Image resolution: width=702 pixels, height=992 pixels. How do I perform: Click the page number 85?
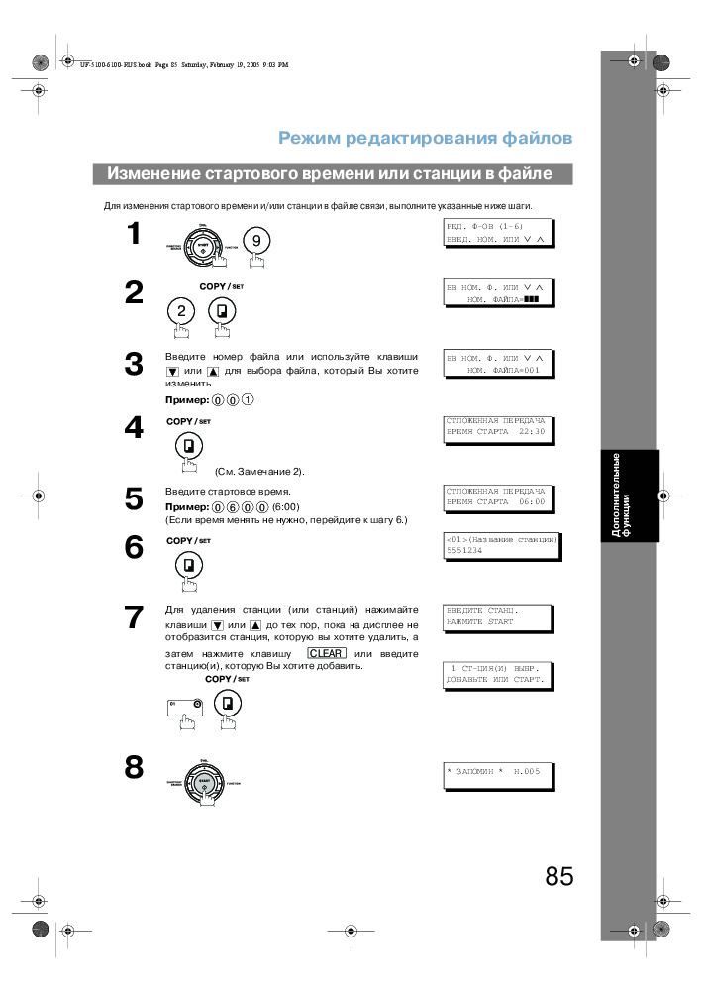[558, 877]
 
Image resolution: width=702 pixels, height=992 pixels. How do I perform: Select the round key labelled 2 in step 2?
[181, 311]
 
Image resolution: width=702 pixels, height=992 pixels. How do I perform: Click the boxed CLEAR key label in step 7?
[326, 653]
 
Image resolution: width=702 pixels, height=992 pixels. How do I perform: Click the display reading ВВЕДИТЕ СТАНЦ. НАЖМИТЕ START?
[496, 616]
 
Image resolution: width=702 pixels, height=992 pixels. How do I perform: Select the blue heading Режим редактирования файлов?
[425, 137]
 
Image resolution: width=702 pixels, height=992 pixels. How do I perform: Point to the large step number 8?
[134, 768]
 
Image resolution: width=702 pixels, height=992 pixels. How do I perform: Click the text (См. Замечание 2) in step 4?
[259, 471]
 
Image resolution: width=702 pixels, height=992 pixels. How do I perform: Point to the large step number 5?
[134, 498]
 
